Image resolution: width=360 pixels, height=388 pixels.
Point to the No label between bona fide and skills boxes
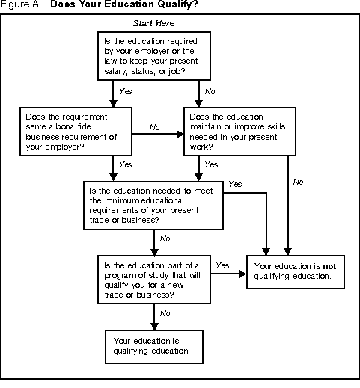click(155, 127)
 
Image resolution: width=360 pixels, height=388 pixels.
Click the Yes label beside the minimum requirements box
click(236, 184)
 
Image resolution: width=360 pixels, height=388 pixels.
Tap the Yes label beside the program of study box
click(222, 265)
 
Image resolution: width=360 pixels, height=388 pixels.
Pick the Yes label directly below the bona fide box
click(126, 164)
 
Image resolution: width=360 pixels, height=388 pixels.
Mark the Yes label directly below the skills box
click(212, 164)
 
